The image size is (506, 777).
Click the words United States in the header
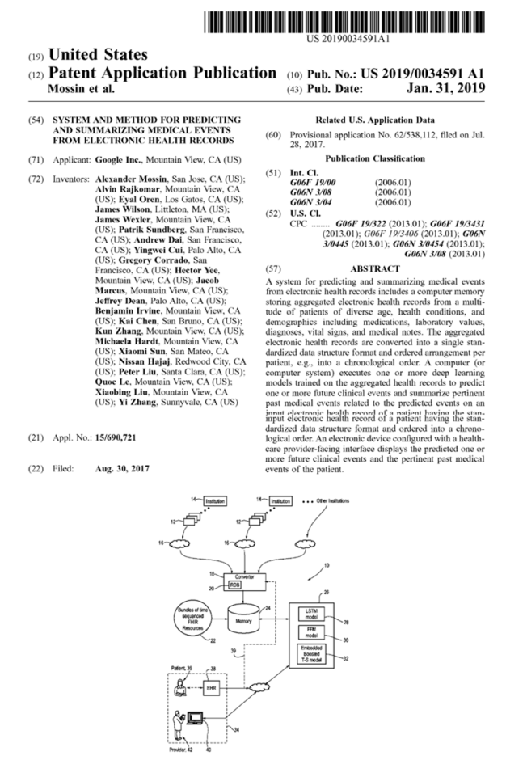click(99, 55)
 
